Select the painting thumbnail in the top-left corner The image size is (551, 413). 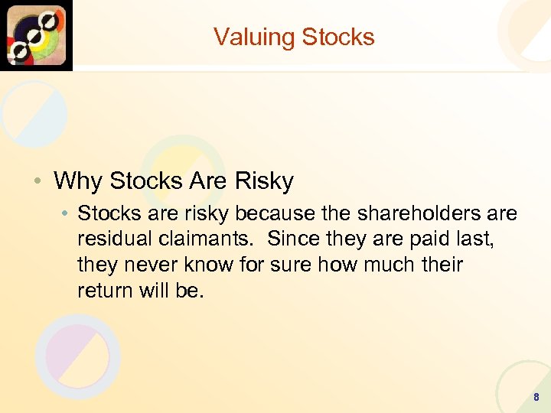coord(36,35)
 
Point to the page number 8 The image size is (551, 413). coord(536,397)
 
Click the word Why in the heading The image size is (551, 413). coord(79,181)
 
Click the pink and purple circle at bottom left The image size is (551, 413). coord(77,356)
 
